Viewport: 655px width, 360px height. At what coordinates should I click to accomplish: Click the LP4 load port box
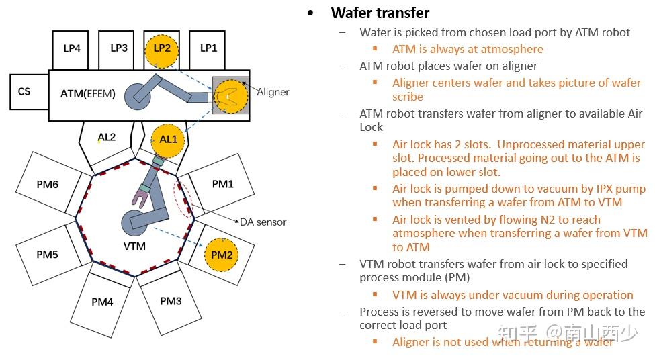point(71,49)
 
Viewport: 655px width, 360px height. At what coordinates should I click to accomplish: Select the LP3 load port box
point(118,49)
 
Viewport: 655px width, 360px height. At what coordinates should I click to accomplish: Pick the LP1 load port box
point(209,49)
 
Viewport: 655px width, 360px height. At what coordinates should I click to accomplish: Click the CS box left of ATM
point(26,91)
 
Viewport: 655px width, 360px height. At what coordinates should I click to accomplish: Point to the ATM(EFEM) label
point(88,94)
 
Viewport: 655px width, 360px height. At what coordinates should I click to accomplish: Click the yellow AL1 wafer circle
point(167,140)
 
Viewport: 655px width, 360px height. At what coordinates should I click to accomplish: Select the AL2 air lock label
point(106,138)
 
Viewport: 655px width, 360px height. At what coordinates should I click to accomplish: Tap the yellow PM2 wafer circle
point(222,255)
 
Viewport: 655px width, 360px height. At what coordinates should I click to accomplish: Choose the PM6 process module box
point(47,183)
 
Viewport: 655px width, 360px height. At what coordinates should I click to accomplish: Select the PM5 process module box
point(47,255)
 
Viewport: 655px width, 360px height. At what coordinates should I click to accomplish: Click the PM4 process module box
point(102,302)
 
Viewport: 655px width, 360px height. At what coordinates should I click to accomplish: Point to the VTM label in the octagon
point(134,246)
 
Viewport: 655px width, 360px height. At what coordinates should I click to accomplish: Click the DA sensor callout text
point(263,222)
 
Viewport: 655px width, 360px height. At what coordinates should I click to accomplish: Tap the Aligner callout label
point(273,92)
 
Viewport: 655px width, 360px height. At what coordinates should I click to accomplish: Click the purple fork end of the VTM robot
point(141,197)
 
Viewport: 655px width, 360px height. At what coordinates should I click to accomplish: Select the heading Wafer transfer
point(380,13)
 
